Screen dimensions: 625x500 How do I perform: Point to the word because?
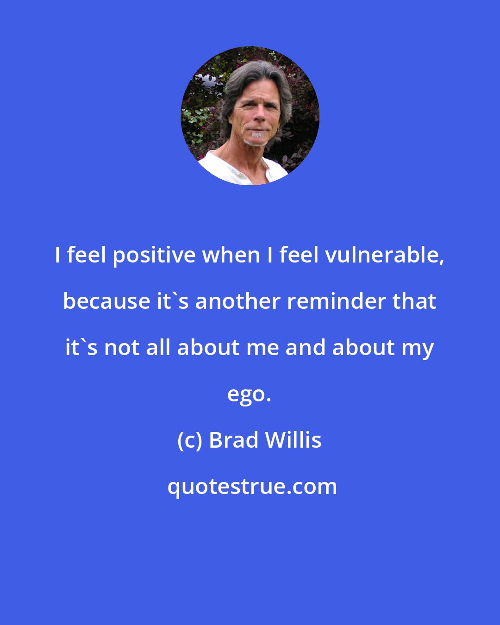[x=106, y=301]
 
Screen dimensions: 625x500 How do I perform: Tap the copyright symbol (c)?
[x=189, y=440]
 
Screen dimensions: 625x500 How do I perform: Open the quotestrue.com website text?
[x=252, y=487]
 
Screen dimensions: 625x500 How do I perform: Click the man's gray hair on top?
[x=257, y=74]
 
